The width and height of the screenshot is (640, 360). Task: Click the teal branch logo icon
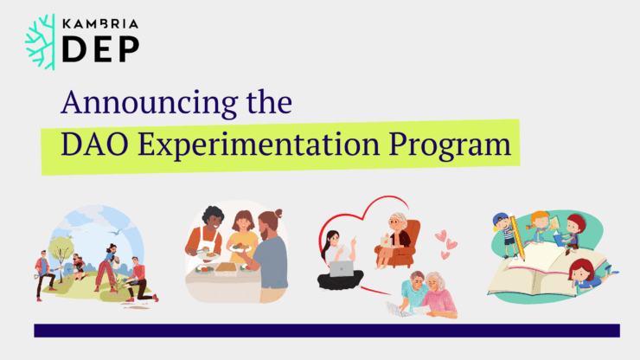pos(41,42)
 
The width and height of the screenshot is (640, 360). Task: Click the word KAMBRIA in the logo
pos(100,24)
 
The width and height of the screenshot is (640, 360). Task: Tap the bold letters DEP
pos(101,49)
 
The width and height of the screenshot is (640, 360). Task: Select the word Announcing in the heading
pos(150,103)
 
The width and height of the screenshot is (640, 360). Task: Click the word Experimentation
pos(259,145)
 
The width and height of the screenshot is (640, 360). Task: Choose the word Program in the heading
pos(450,145)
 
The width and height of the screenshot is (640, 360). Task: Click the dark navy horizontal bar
pos(327,331)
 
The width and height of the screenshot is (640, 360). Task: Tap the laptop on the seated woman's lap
pos(342,268)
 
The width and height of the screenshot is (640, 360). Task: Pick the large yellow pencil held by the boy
pos(517,237)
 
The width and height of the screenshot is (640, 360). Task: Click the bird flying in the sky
pos(117,232)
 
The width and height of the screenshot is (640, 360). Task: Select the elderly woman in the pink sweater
pos(438,295)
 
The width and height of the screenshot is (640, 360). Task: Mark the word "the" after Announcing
pos(269,102)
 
